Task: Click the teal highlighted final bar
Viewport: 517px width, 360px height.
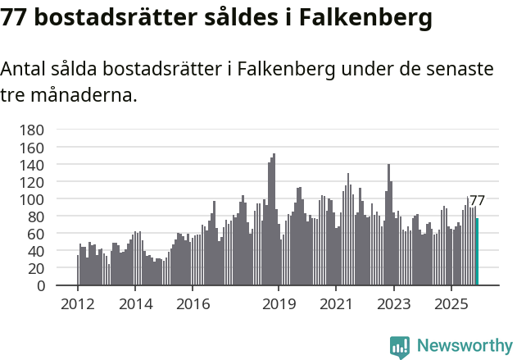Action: tap(477, 252)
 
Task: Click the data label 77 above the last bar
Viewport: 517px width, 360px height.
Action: tap(477, 200)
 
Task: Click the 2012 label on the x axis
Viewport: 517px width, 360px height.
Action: tap(78, 304)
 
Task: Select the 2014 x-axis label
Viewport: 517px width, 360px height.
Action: tap(135, 304)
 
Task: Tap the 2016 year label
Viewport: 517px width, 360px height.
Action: tap(193, 304)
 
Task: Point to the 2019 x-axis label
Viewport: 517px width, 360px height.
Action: tap(279, 304)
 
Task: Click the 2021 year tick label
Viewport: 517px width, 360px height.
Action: tap(336, 304)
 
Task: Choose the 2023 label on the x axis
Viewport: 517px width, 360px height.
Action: tap(393, 304)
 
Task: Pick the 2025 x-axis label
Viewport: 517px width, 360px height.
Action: tap(451, 304)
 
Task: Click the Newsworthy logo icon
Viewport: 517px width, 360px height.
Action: tap(400, 347)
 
